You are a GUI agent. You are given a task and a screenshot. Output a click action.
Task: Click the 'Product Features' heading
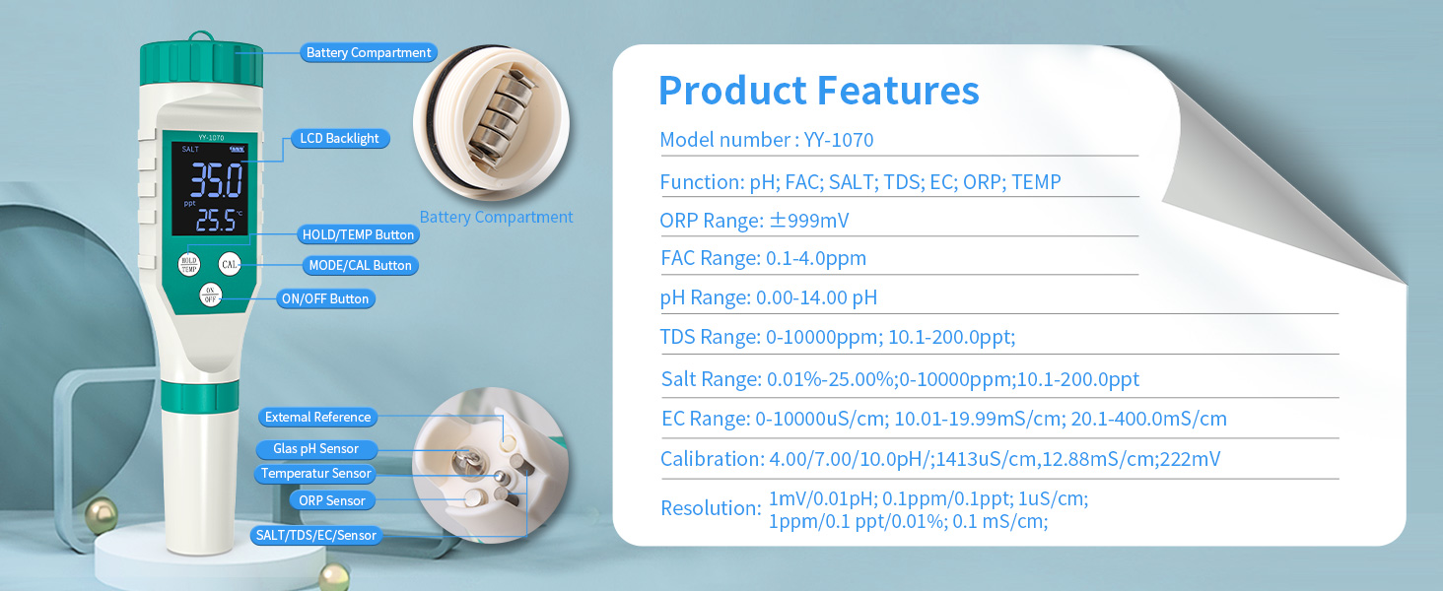coord(819,91)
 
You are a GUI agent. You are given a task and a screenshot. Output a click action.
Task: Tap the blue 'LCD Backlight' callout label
coord(340,139)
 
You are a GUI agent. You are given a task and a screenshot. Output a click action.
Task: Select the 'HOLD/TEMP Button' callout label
coord(358,234)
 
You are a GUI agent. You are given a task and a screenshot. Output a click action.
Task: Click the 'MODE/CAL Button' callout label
coord(360,265)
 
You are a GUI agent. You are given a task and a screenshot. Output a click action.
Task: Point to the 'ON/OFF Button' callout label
coord(325,298)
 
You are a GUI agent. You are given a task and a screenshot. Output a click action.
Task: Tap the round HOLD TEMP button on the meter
coord(188,264)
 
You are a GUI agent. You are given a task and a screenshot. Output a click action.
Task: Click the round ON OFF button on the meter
coord(210,295)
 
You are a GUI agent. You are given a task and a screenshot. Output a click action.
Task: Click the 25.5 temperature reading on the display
coord(217,221)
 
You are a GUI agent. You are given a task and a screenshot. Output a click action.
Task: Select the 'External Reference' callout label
coord(317,418)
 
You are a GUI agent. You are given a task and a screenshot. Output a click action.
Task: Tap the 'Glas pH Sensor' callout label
coord(315,449)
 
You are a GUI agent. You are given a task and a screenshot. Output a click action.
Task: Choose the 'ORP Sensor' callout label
coord(332,500)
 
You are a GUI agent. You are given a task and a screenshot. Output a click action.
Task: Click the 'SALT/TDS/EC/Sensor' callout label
coord(315,535)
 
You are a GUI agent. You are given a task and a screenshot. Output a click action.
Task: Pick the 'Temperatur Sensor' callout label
coord(315,473)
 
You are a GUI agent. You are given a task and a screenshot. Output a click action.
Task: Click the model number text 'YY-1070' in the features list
coord(839,140)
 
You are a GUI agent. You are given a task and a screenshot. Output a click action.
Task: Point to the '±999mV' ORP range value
coord(809,221)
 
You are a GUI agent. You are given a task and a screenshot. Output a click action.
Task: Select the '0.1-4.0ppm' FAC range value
coord(815,258)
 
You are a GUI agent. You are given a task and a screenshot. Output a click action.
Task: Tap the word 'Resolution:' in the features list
coord(712,508)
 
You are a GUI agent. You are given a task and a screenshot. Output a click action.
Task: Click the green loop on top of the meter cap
coord(201,36)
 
